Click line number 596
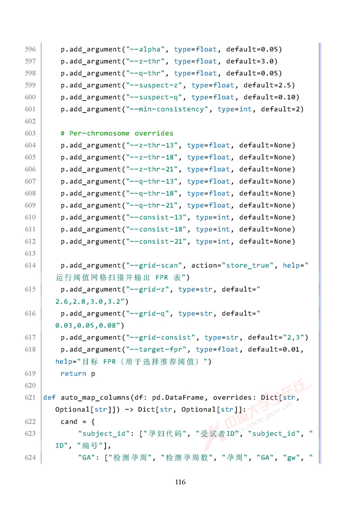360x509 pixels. point(30,49)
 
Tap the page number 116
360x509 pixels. point(180,482)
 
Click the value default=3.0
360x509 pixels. point(251,61)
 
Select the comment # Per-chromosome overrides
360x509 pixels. point(117,133)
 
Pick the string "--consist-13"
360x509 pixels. point(156,217)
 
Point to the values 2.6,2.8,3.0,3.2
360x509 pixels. point(89,301)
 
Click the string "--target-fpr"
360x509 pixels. point(156,349)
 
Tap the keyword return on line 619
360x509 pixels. point(73,374)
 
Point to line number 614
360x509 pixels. point(30,266)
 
